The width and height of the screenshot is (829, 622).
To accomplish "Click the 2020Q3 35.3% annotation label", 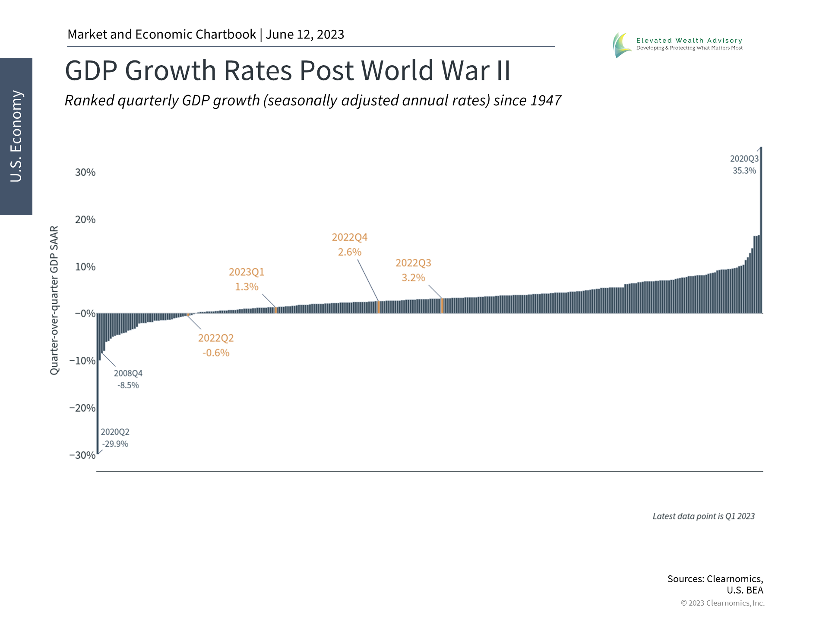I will coord(744,165).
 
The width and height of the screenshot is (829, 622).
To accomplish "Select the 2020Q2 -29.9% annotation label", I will coord(115,438).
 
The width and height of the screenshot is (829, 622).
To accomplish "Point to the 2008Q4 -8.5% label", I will coord(128,379).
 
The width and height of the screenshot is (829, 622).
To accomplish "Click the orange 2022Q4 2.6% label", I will coord(349,244).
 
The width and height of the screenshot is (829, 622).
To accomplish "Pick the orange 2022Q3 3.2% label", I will coord(413,270).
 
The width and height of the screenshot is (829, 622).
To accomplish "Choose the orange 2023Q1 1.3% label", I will coord(246,279).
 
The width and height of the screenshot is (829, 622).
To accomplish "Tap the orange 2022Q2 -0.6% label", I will coord(216,345).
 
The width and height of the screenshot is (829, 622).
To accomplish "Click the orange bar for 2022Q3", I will coord(442,305).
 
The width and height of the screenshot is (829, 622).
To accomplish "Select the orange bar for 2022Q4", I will coord(379,307).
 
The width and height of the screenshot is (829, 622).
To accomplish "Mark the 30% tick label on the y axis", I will coord(85,172).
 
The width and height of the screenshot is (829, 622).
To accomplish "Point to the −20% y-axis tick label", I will coord(82,408).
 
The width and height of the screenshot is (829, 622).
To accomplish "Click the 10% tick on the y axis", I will coord(85,267).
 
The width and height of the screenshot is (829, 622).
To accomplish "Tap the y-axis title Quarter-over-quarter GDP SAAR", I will coord(54,300).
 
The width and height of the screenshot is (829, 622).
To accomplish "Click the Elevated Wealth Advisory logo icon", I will coord(622,44).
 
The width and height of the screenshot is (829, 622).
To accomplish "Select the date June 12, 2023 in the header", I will coord(305,35).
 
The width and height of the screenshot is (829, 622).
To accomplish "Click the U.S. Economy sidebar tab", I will coord(16,136).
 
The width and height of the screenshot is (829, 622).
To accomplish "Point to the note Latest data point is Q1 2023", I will coord(703,516).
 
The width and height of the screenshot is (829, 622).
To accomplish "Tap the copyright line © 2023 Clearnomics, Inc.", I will coord(722,603).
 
